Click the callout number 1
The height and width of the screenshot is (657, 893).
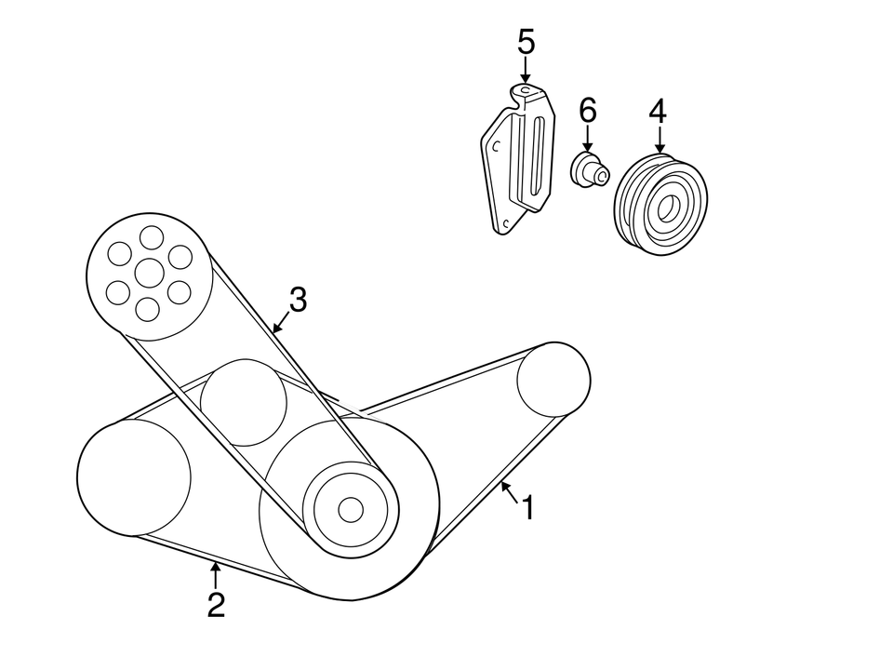point(527,508)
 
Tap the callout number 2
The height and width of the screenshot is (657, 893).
point(216,606)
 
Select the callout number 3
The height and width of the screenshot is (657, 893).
point(297,300)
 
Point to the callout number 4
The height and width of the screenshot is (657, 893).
point(658,111)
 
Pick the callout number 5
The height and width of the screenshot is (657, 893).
point(526,42)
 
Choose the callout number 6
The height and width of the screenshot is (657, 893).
point(587,111)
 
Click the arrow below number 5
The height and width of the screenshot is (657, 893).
point(526,71)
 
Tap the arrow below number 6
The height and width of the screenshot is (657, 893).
point(587,140)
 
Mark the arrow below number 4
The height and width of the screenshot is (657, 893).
point(659,140)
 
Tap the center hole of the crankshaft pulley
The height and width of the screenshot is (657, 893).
point(350,509)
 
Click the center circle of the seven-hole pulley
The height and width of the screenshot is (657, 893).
point(149,273)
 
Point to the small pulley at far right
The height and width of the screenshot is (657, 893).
point(553,380)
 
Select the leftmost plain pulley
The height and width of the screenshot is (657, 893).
point(133,477)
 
